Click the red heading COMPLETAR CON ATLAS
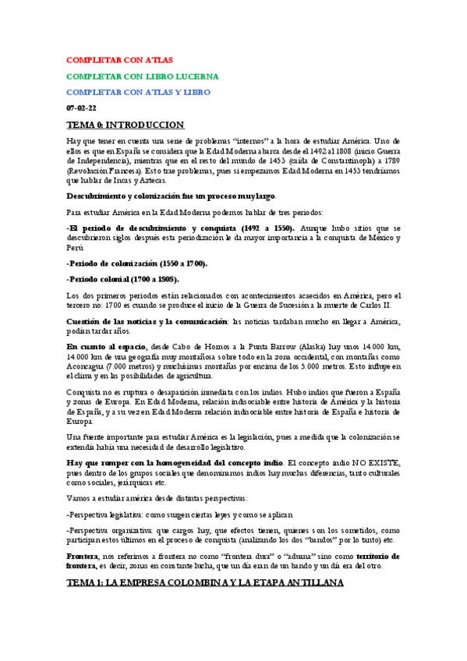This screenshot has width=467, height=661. tap(119, 59)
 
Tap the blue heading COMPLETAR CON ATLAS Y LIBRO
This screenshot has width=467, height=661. tap(138, 91)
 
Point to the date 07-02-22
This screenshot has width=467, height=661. tap(81, 107)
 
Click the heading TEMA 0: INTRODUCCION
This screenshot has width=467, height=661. tap(125, 124)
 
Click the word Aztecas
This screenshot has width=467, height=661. tap(152, 180)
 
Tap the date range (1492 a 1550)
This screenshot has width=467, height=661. tap(260, 228)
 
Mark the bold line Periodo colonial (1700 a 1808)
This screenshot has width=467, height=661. tap(123, 278)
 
